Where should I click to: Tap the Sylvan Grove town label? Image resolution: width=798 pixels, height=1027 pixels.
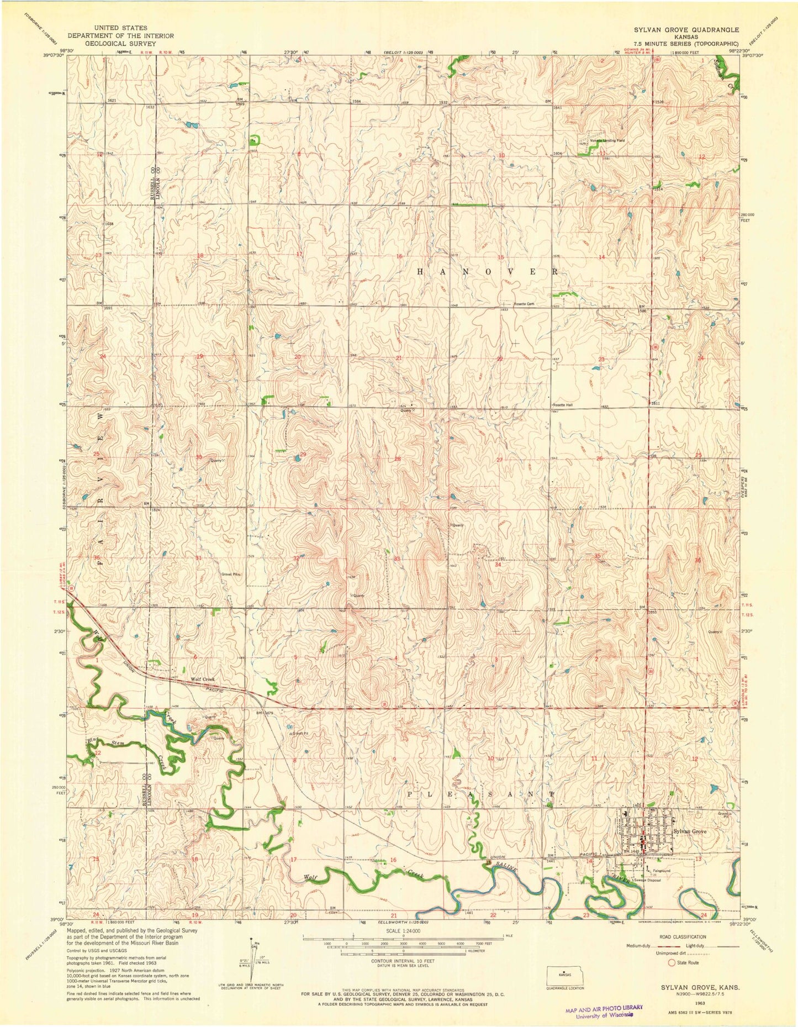[x=690, y=831]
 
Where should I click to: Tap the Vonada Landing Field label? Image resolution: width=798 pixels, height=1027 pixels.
[x=607, y=141]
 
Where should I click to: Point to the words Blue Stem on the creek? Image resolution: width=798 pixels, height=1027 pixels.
[x=103, y=742]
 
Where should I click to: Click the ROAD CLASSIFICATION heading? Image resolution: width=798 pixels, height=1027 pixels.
[x=683, y=937]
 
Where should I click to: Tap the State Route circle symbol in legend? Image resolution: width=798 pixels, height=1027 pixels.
[x=672, y=962]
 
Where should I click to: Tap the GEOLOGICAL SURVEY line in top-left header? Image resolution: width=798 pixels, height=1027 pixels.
[x=120, y=44]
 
